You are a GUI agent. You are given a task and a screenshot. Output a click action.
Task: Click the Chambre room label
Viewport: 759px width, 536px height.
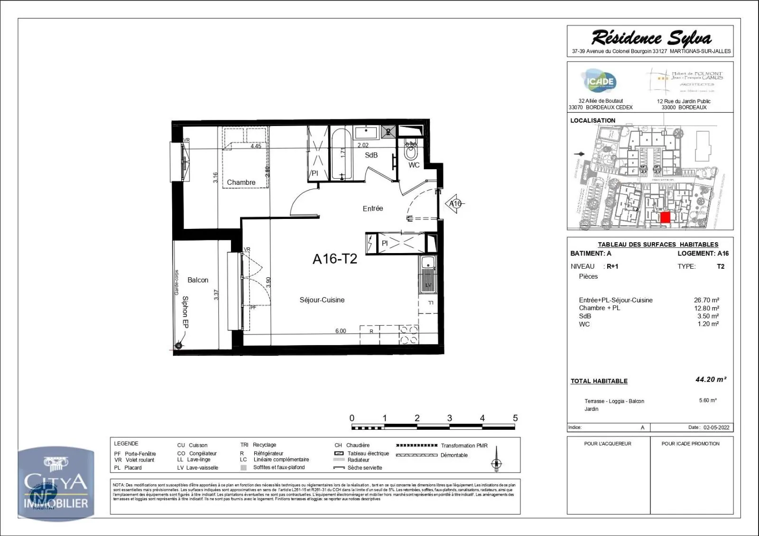pyautogui.click(x=241, y=182)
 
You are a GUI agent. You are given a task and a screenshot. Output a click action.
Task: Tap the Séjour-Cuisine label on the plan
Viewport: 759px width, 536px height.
pyautogui.click(x=322, y=300)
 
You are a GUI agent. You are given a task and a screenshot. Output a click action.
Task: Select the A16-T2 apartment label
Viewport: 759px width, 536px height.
pyautogui.click(x=334, y=259)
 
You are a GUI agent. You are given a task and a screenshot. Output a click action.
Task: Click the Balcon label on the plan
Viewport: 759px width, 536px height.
pyautogui.click(x=198, y=280)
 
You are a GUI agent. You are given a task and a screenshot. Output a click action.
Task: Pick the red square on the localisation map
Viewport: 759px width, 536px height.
pyautogui.click(x=665, y=218)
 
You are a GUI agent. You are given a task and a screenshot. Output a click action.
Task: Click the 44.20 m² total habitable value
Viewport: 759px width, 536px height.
pyautogui.click(x=710, y=380)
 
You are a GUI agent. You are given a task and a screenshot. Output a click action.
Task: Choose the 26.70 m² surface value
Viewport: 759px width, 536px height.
pyautogui.click(x=706, y=300)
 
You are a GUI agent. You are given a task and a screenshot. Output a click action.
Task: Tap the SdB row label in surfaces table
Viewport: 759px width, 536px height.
pyautogui.click(x=585, y=316)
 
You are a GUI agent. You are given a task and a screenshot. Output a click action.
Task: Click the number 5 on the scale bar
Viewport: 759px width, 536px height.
pyautogui.click(x=515, y=418)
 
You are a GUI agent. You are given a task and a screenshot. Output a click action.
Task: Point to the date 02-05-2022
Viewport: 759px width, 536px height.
pyautogui.click(x=716, y=427)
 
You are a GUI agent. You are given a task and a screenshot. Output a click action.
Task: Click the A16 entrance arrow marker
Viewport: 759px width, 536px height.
pyautogui.click(x=455, y=204)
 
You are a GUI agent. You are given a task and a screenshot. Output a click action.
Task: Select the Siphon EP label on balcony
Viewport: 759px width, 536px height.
pyautogui.click(x=185, y=312)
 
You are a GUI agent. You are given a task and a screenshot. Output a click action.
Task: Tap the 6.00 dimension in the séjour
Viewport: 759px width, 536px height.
pyautogui.click(x=341, y=331)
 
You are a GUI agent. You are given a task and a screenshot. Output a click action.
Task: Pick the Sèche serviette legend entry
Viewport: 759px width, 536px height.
pyautogui.click(x=364, y=468)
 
